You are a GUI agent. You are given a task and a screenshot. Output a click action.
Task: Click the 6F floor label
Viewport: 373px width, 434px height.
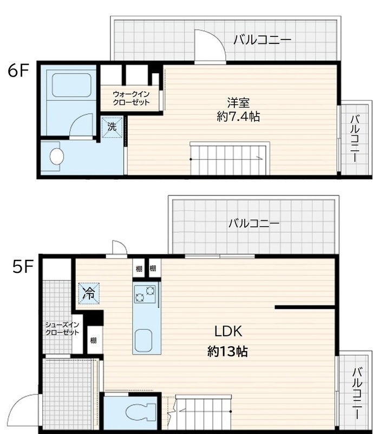point(18,71)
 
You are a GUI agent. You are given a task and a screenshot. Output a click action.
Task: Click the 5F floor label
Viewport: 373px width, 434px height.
point(23,266)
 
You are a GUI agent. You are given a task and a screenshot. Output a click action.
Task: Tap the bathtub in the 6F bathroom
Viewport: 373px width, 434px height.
point(71,85)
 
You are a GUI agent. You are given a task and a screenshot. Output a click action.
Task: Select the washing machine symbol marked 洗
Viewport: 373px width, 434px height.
point(112,127)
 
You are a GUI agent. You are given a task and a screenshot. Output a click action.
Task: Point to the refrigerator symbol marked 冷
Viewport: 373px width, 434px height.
point(89,293)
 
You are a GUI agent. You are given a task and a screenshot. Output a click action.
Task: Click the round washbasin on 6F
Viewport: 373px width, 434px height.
point(57,156)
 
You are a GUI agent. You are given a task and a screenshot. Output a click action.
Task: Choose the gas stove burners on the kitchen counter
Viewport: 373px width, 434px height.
point(145,294)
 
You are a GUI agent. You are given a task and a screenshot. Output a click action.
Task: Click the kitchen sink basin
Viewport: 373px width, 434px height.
point(143,340)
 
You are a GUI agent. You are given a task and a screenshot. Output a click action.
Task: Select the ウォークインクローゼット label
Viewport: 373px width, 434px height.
point(131,98)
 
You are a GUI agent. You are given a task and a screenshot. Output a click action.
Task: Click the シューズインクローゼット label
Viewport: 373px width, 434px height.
point(62,329)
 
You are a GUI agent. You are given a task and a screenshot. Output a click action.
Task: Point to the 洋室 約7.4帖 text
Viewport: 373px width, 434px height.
point(238,110)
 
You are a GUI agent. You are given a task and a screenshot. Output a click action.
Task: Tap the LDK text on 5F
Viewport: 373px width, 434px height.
point(228,331)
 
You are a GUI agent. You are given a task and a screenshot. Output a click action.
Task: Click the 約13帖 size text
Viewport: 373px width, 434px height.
point(227,352)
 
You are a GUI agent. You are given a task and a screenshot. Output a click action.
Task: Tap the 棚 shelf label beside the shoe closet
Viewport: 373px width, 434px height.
point(94,340)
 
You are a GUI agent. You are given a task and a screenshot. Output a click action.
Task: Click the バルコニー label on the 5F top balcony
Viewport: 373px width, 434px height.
point(254,224)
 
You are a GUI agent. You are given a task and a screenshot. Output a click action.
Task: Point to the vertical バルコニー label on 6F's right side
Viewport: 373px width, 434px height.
point(355,139)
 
